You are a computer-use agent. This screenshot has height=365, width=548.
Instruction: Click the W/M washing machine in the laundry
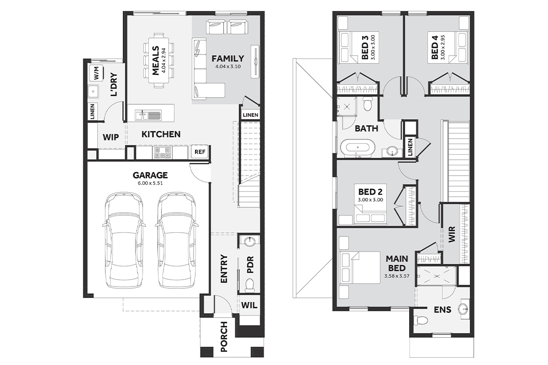97,73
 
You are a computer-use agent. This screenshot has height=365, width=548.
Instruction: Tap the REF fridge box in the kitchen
200,152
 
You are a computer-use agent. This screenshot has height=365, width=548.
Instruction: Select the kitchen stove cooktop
162,152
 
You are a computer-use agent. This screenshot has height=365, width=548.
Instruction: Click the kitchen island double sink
148,115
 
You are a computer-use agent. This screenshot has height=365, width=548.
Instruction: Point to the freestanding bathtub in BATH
358,148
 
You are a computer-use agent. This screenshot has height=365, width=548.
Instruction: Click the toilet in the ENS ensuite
421,320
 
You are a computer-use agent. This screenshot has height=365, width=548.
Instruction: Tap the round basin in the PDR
250,242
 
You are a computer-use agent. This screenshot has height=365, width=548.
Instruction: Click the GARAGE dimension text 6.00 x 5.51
150,183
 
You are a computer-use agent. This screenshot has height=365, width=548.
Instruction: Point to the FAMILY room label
228,59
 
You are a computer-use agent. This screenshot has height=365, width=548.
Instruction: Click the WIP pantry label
111,137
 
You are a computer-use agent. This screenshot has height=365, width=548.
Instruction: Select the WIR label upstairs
452,234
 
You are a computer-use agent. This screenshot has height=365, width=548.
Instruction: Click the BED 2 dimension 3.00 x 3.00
370,200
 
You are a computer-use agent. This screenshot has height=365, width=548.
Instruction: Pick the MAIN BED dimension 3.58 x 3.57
397,276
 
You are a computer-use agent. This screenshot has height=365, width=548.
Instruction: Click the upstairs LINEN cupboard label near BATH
410,147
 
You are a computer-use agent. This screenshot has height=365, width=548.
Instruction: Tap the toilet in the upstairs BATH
368,104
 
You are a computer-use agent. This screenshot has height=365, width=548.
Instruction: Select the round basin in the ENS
463,309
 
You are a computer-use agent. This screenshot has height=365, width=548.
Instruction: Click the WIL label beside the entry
249,305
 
